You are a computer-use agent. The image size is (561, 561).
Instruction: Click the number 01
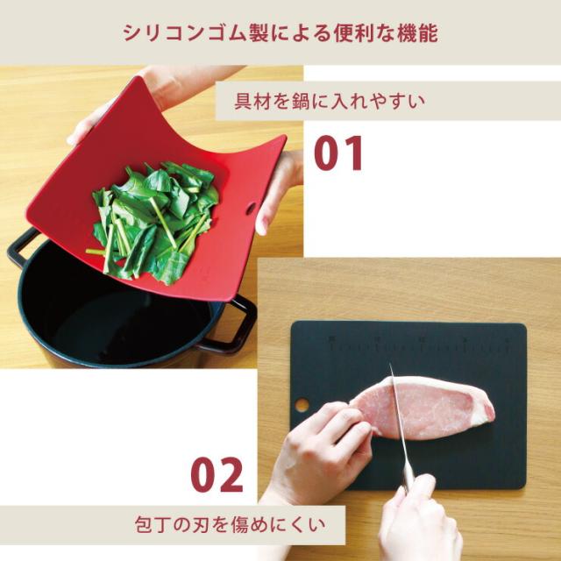tap(338, 153)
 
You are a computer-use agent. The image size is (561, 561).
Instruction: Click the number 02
tap(217, 475)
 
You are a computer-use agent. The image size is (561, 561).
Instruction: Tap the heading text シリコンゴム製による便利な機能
tap(280, 32)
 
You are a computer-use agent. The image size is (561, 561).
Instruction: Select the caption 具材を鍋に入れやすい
tap(330, 101)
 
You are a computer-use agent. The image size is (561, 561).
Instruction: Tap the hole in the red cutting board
tap(252, 208)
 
